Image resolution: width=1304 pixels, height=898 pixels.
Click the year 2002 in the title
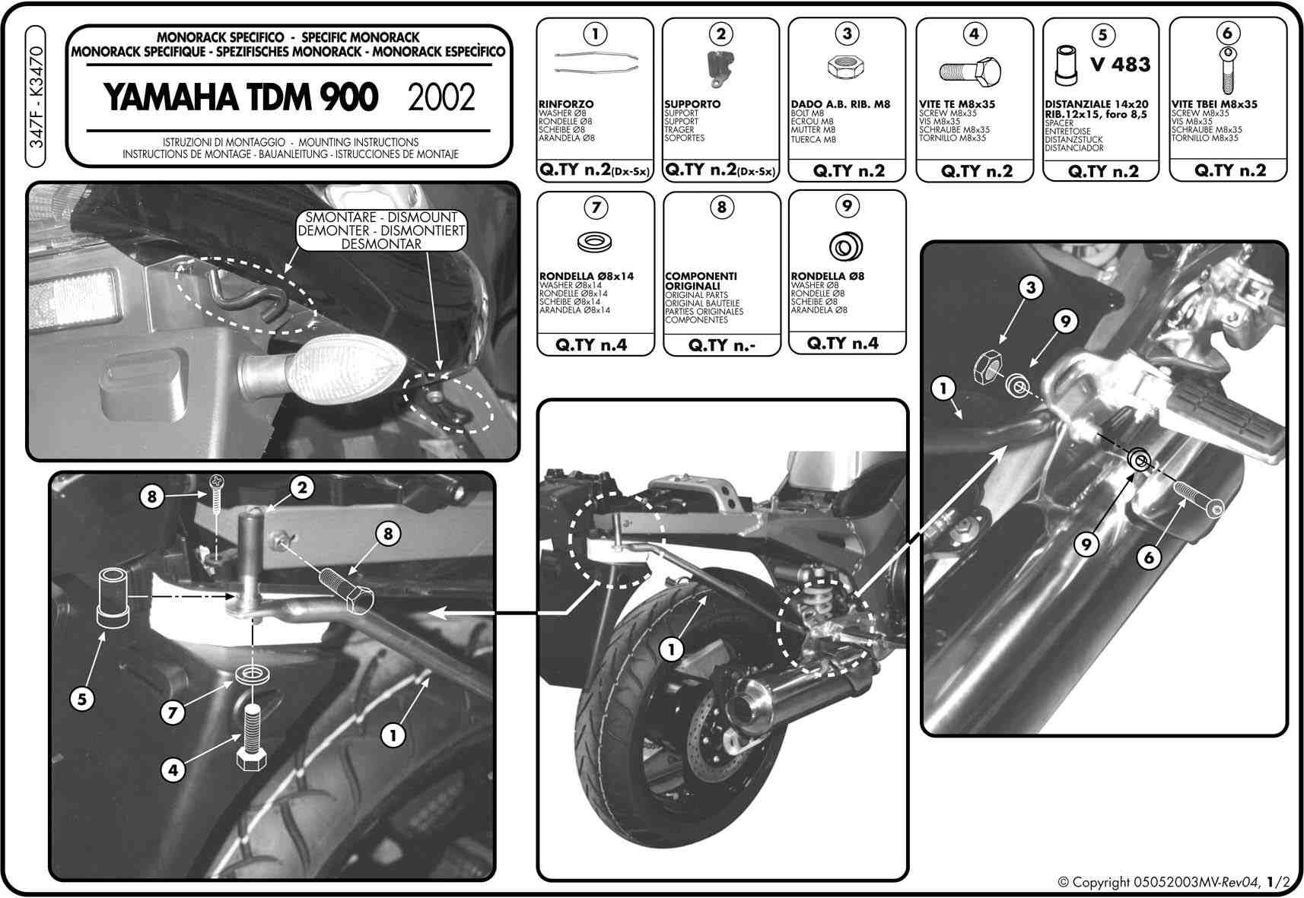(x=441, y=97)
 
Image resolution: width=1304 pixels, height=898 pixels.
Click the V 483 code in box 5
(x=1121, y=64)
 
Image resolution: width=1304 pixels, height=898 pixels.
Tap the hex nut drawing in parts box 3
(x=845, y=68)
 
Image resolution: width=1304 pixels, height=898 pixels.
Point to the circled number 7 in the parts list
(x=596, y=208)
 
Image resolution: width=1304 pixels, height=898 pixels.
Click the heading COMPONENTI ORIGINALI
(x=701, y=281)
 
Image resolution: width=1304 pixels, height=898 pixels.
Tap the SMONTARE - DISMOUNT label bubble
(x=381, y=230)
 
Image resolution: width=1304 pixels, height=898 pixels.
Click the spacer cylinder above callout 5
(x=113, y=597)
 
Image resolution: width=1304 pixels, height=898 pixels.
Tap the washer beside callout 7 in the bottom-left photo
(x=252, y=675)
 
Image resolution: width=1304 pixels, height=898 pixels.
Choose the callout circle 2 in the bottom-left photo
(x=301, y=487)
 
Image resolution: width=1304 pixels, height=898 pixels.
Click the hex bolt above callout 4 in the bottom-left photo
(x=252, y=738)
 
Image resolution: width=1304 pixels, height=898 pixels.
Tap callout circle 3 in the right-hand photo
(x=1030, y=287)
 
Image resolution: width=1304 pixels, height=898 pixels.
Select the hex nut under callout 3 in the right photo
(x=988, y=367)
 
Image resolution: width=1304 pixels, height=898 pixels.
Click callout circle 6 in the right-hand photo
(x=1149, y=557)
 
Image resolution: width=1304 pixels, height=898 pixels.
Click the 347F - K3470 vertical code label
(x=36, y=97)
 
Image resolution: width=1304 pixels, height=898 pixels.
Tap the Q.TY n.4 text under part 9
(x=842, y=344)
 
